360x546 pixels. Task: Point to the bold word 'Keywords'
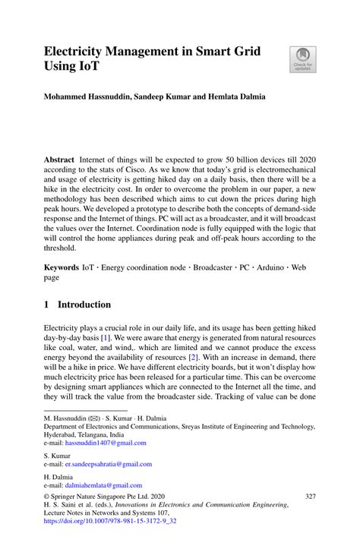click(62, 269)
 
